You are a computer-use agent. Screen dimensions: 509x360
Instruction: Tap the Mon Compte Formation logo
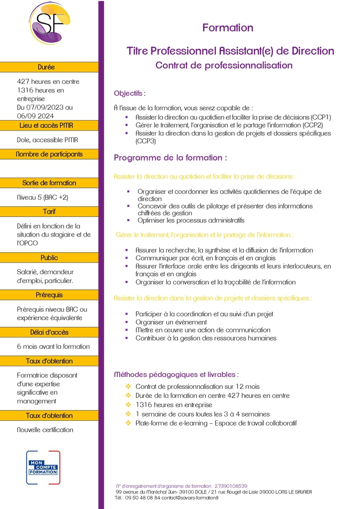[x=43, y=468]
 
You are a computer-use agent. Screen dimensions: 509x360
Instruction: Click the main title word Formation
[x=228, y=28]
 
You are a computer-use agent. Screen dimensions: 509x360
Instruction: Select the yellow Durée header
[x=49, y=67]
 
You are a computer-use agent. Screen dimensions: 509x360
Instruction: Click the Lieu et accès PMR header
[x=49, y=126]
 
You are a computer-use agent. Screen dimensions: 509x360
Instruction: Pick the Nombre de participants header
[x=49, y=154]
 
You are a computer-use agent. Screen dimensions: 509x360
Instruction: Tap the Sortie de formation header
[x=49, y=183]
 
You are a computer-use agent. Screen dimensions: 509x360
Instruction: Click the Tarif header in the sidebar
[x=49, y=212]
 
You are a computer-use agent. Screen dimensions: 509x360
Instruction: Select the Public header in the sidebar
[x=49, y=258]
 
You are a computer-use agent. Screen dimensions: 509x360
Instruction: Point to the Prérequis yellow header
[x=49, y=295]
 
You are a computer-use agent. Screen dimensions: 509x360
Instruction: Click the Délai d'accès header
[x=49, y=332]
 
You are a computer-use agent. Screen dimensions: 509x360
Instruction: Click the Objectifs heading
[x=130, y=93]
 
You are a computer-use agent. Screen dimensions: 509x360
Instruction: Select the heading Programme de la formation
[x=171, y=158]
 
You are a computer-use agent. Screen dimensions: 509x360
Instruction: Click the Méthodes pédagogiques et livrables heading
[x=176, y=375]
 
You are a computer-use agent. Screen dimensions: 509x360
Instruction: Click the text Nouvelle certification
[x=45, y=430]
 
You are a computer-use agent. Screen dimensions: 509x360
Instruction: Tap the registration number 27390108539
[x=230, y=486]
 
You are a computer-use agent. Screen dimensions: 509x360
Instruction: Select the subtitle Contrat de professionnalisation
[x=224, y=66]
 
